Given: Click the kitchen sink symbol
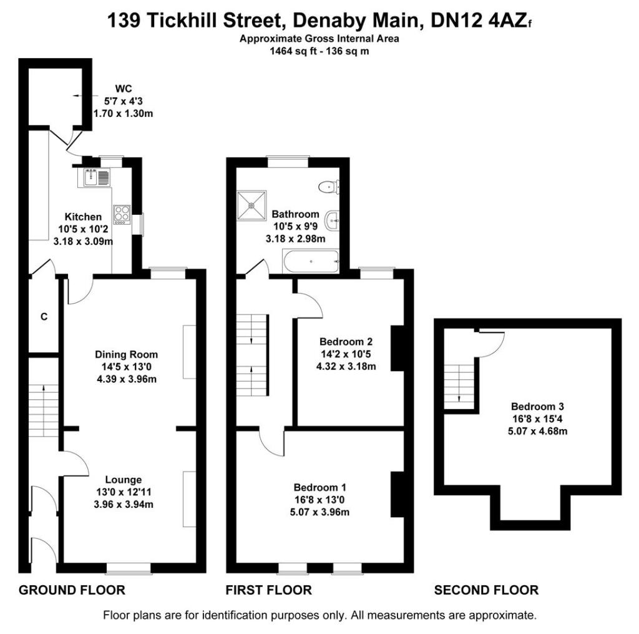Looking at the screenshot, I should tap(95, 178).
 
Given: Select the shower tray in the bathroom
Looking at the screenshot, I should tap(251, 206).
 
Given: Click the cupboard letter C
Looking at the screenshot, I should tap(44, 317).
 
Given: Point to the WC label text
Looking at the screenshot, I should tap(122, 88).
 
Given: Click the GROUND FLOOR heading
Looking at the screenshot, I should tap(72, 590).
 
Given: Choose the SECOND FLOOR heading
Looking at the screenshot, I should tap(486, 590).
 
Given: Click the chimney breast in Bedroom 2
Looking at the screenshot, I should tap(397, 348).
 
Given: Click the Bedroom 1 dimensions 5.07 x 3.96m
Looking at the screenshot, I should tap(319, 512).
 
